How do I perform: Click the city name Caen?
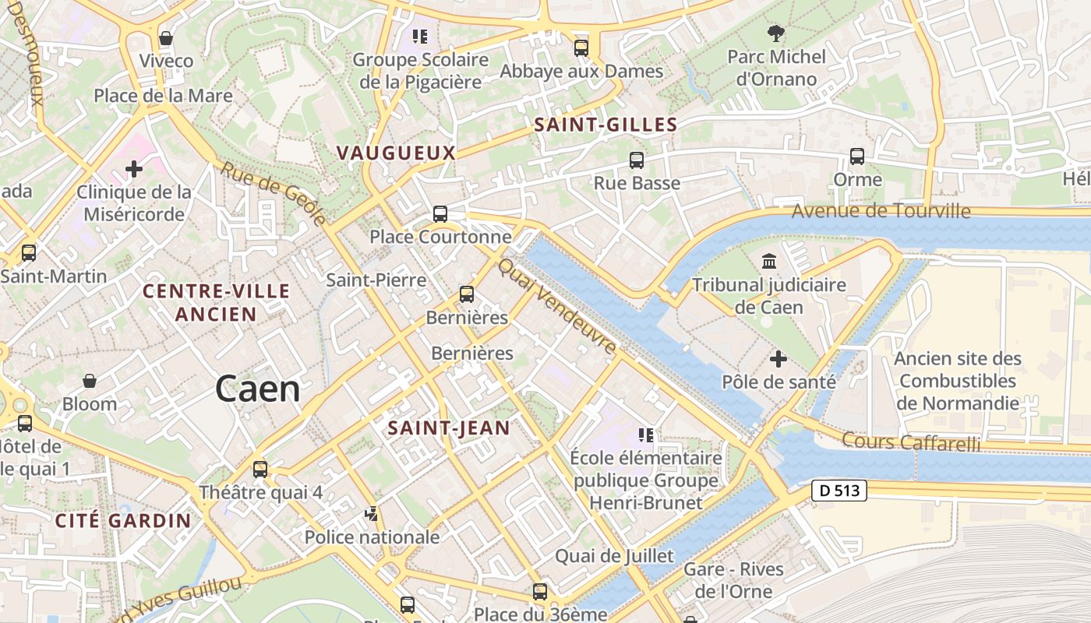257,389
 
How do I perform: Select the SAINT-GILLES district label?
605,125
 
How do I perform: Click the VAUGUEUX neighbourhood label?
396,153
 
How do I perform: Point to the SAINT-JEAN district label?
449,428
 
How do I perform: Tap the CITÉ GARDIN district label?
123,521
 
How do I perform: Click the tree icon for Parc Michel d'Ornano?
776,33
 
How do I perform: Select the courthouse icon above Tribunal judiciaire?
769,261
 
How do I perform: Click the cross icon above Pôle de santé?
778,359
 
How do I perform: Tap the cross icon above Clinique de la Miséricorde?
134,168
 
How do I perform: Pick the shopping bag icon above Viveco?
165,38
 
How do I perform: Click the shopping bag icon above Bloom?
90,381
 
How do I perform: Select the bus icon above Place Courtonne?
440,213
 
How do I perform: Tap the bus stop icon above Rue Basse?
637,160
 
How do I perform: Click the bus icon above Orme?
857,157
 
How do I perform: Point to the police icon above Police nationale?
372,514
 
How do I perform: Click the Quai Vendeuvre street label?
556,307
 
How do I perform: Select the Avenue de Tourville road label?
881,211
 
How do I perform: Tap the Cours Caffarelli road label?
910,442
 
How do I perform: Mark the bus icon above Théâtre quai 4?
260,470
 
